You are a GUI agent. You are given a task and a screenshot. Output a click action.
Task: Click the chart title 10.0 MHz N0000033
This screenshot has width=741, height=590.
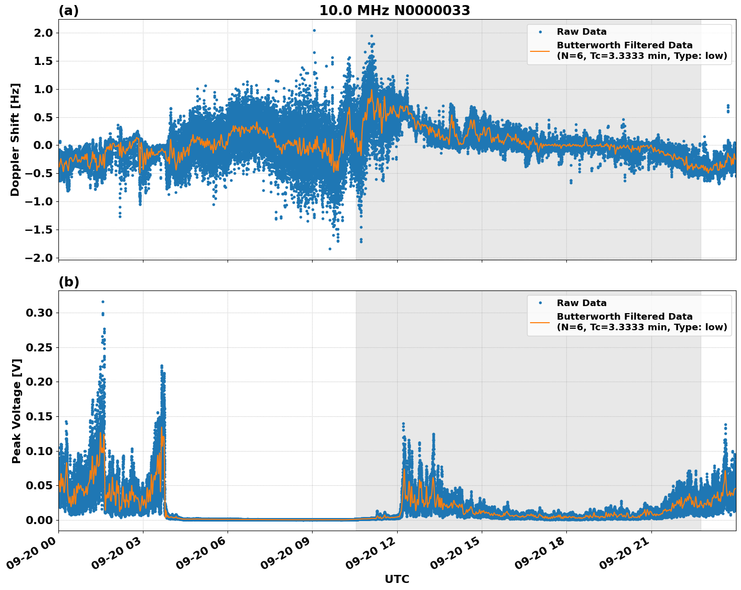click(x=395, y=11)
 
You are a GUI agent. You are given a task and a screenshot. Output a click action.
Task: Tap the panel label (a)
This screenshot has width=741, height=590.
click(x=68, y=11)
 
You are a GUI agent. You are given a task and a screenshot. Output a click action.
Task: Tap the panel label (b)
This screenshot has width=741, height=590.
click(x=68, y=282)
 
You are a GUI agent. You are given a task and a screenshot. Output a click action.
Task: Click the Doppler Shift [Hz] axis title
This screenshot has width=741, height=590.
click(x=15, y=139)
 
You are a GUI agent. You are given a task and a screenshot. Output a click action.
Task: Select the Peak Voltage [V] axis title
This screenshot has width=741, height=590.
click(x=17, y=411)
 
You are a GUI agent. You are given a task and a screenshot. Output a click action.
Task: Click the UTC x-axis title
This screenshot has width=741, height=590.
click(x=397, y=579)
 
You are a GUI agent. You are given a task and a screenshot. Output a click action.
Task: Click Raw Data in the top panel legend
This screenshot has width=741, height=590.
click(x=581, y=32)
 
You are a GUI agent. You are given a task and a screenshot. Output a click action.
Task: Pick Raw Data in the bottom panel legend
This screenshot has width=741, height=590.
click(x=581, y=303)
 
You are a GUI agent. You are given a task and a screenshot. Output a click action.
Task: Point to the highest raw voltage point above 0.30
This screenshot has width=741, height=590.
click(x=103, y=302)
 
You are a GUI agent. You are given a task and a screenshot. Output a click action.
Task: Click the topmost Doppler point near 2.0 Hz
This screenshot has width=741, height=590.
click(x=314, y=30)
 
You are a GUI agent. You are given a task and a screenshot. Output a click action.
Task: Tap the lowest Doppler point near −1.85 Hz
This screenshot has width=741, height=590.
click(x=330, y=249)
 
